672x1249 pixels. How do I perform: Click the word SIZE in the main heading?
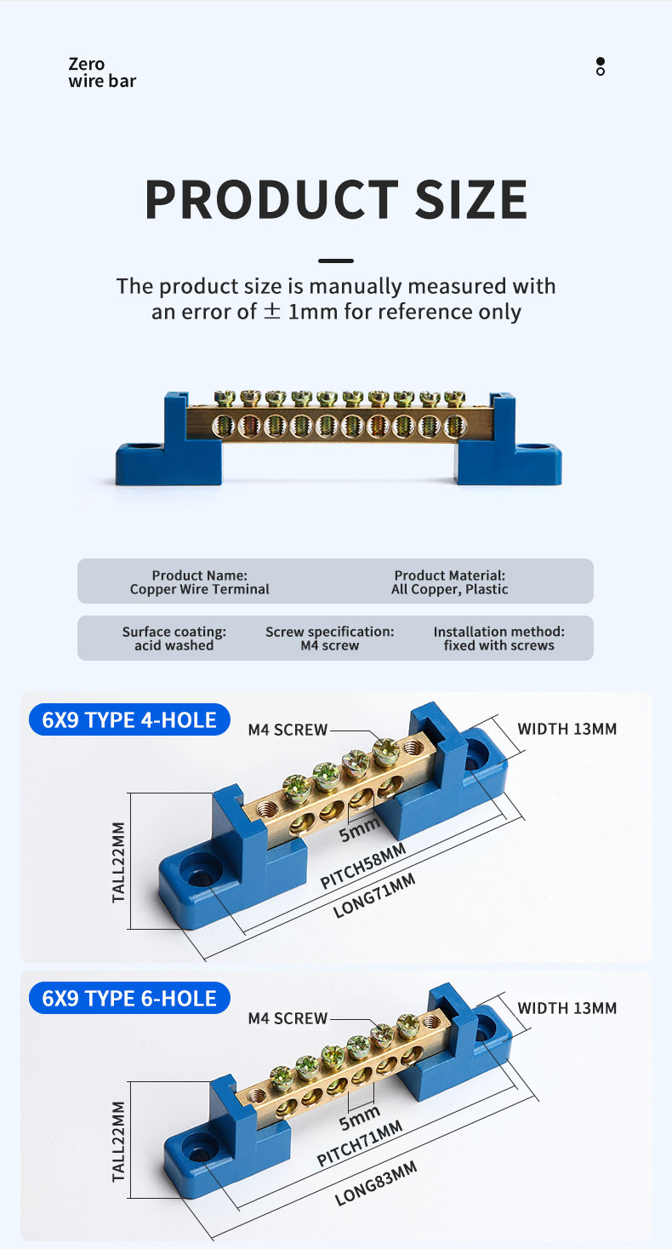471,199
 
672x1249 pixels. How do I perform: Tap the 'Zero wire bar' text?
102,72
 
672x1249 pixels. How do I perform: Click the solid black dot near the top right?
600,60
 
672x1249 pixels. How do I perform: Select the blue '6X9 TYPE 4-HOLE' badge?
129,719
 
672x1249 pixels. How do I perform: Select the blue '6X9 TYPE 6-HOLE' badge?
129,998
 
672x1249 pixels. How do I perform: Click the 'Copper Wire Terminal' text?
200,589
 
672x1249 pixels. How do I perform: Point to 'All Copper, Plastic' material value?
450,589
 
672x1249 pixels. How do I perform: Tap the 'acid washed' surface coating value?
174,645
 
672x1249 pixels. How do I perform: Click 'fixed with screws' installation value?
498,645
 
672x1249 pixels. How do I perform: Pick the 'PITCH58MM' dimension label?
363,865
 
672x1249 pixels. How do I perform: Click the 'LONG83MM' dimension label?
376,1183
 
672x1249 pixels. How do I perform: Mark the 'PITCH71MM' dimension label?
360,1143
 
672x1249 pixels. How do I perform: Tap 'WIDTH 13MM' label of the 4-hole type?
567,729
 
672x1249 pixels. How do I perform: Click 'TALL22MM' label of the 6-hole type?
118,1142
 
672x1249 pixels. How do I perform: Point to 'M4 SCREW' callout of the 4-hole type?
288,730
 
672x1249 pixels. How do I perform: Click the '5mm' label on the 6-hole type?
360,1118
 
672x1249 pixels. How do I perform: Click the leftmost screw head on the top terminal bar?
225,398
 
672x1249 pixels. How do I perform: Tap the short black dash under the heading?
336,261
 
